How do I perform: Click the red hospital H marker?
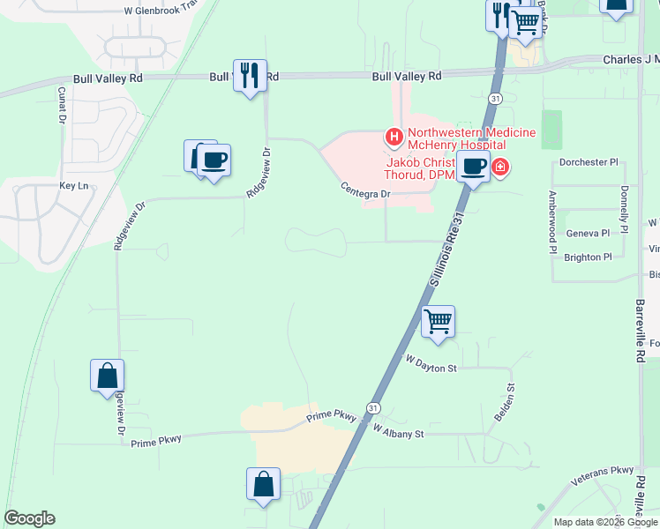394,138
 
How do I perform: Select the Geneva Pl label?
588,234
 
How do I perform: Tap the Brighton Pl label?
588,257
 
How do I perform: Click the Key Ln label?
74,186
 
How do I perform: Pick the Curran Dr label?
62,105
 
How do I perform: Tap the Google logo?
29,518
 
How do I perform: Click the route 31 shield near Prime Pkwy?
374,408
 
